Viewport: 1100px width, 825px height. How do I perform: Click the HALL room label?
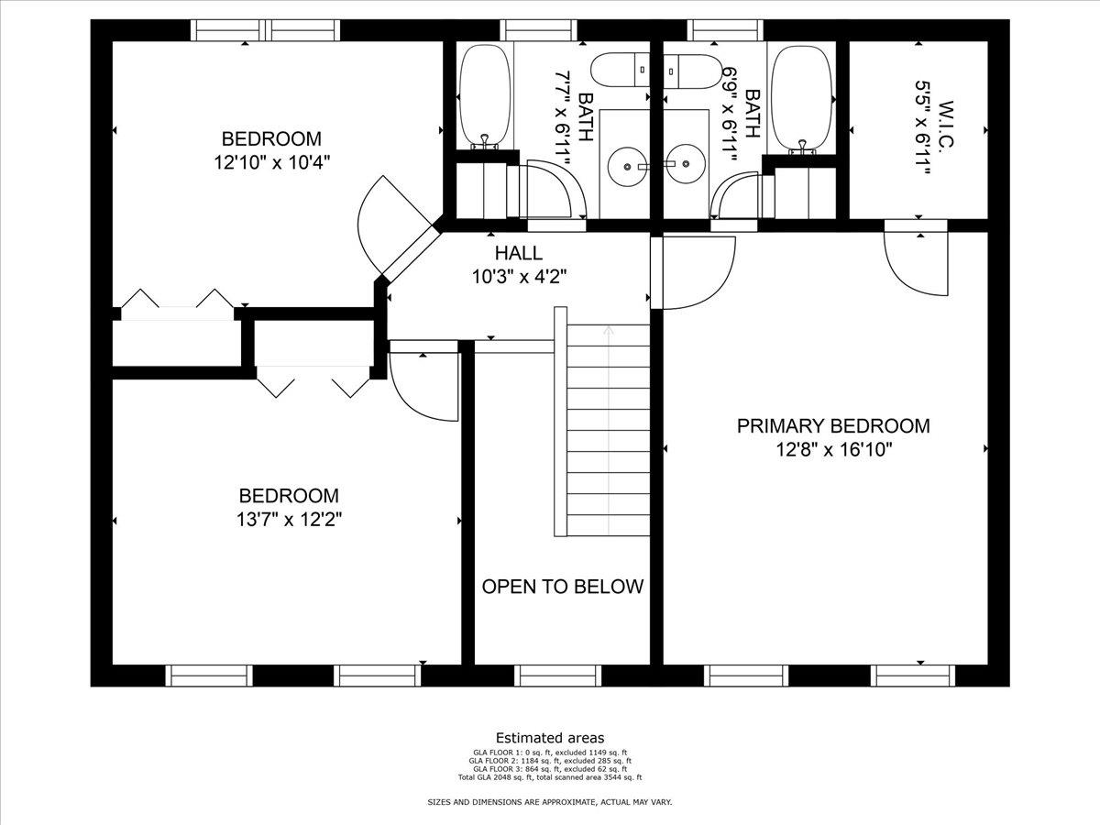point(519,253)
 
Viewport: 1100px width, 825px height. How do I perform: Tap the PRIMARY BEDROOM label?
point(833,425)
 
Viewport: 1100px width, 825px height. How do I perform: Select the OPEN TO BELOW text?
point(563,586)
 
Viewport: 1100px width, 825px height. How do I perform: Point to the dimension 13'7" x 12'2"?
point(289,520)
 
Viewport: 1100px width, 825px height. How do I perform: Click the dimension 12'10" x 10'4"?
point(272,162)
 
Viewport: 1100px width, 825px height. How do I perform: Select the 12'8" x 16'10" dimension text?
point(834,449)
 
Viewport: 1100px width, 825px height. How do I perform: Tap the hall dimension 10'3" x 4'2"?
point(519,277)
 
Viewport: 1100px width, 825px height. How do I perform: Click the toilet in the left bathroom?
point(621,70)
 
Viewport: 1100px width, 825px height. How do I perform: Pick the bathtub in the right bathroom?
point(802,99)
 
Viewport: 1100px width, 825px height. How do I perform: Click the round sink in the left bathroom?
point(626,167)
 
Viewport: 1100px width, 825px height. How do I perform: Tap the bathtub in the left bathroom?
point(485,96)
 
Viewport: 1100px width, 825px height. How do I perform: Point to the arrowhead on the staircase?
point(609,330)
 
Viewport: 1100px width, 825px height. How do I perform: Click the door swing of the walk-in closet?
point(916,265)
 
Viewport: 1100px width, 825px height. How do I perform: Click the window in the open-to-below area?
point(557,676)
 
